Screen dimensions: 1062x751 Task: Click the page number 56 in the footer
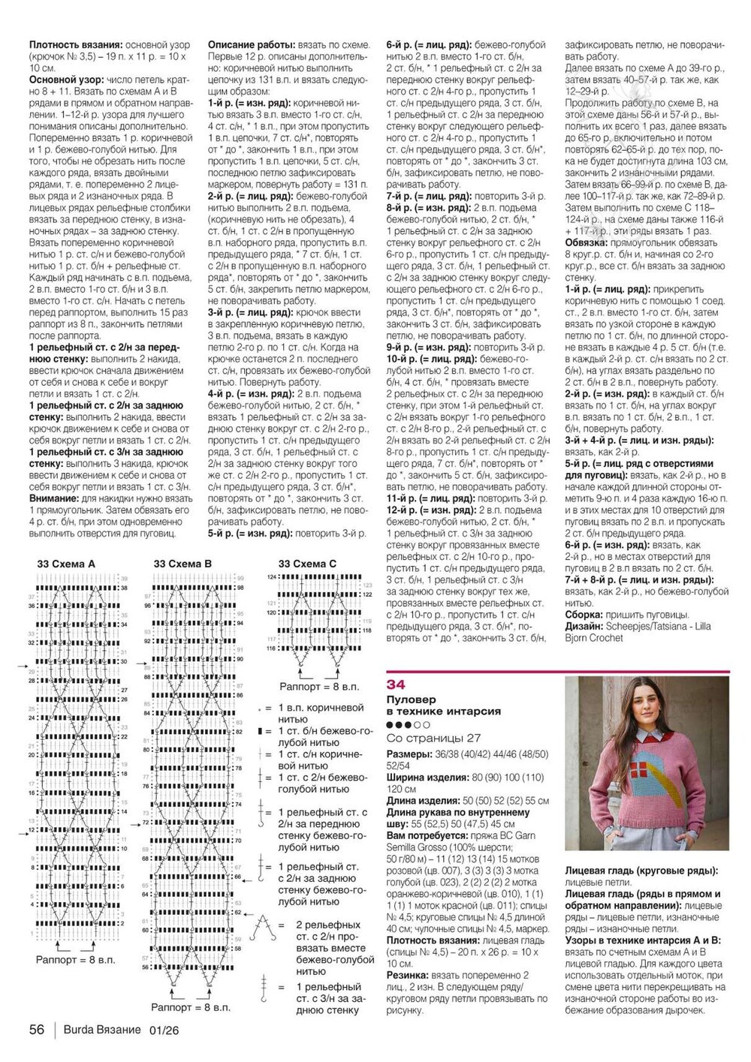(36, 1030)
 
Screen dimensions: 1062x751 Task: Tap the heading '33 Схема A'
(66, 564)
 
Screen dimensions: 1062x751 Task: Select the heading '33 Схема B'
(182, 564)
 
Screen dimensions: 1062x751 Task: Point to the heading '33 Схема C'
(307, 564)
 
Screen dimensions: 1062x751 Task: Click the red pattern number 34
(396, 684)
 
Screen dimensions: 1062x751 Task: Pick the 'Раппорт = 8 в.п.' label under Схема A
(76, 960)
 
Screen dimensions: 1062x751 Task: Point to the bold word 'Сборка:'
(585, 614)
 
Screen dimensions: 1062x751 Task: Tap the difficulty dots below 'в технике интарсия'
(408, 725)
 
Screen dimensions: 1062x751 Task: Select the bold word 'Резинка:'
(408, 975)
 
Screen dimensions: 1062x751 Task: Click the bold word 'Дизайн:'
(584, 626)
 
